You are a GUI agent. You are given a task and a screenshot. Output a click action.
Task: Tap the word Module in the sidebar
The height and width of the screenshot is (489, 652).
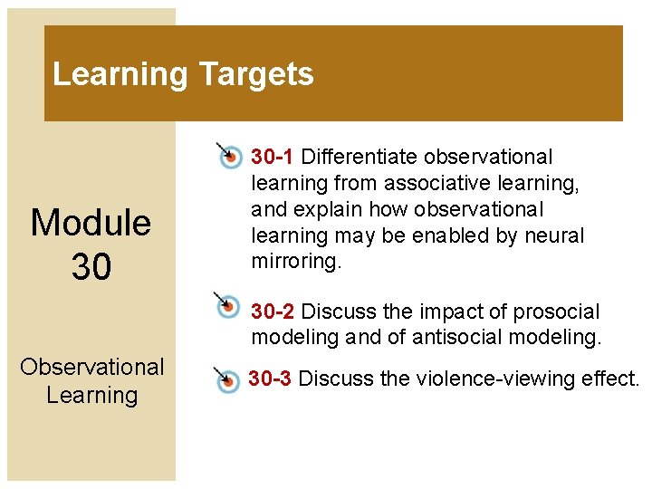pos(91,223)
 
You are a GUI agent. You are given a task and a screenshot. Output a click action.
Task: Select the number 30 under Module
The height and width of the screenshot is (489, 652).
pos(91,266)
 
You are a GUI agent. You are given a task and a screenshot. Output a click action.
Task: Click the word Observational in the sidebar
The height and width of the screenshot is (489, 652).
pos(91,367)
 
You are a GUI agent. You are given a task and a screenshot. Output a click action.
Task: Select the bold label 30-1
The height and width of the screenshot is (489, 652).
pos(272,158)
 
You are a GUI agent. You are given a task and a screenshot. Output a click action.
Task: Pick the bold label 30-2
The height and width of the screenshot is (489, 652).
pos(273,312)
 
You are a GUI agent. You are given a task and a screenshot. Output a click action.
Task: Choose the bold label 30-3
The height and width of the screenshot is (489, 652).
pos(271,379)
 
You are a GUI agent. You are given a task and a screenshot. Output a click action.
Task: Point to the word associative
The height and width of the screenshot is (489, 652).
pos(433,184)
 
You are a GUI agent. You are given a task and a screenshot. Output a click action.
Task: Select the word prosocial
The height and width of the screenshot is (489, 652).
pos(556,312)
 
